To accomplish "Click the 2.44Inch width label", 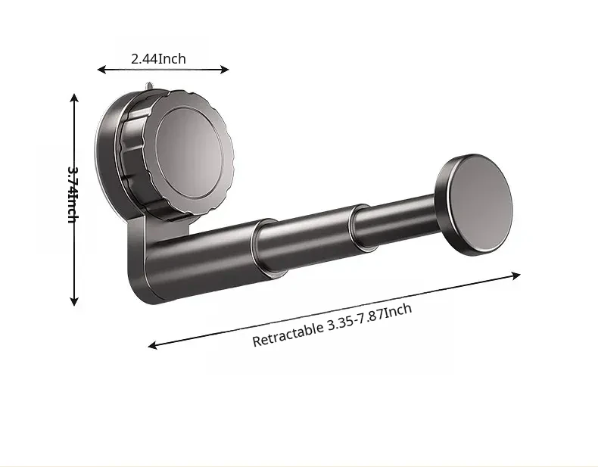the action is [159, 59].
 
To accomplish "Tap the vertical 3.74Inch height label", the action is [73, 195].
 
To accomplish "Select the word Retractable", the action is [288, 334].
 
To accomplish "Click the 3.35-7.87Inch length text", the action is [369, 318].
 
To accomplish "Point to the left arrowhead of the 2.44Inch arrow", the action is [101, 69].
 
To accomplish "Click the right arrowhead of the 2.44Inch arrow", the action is [225, 70].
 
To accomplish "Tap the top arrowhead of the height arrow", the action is [74, 97].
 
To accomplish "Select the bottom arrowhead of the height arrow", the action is [74, 301].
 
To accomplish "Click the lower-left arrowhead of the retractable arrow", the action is [152, 345].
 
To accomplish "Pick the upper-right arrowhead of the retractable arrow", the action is [516, 276].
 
